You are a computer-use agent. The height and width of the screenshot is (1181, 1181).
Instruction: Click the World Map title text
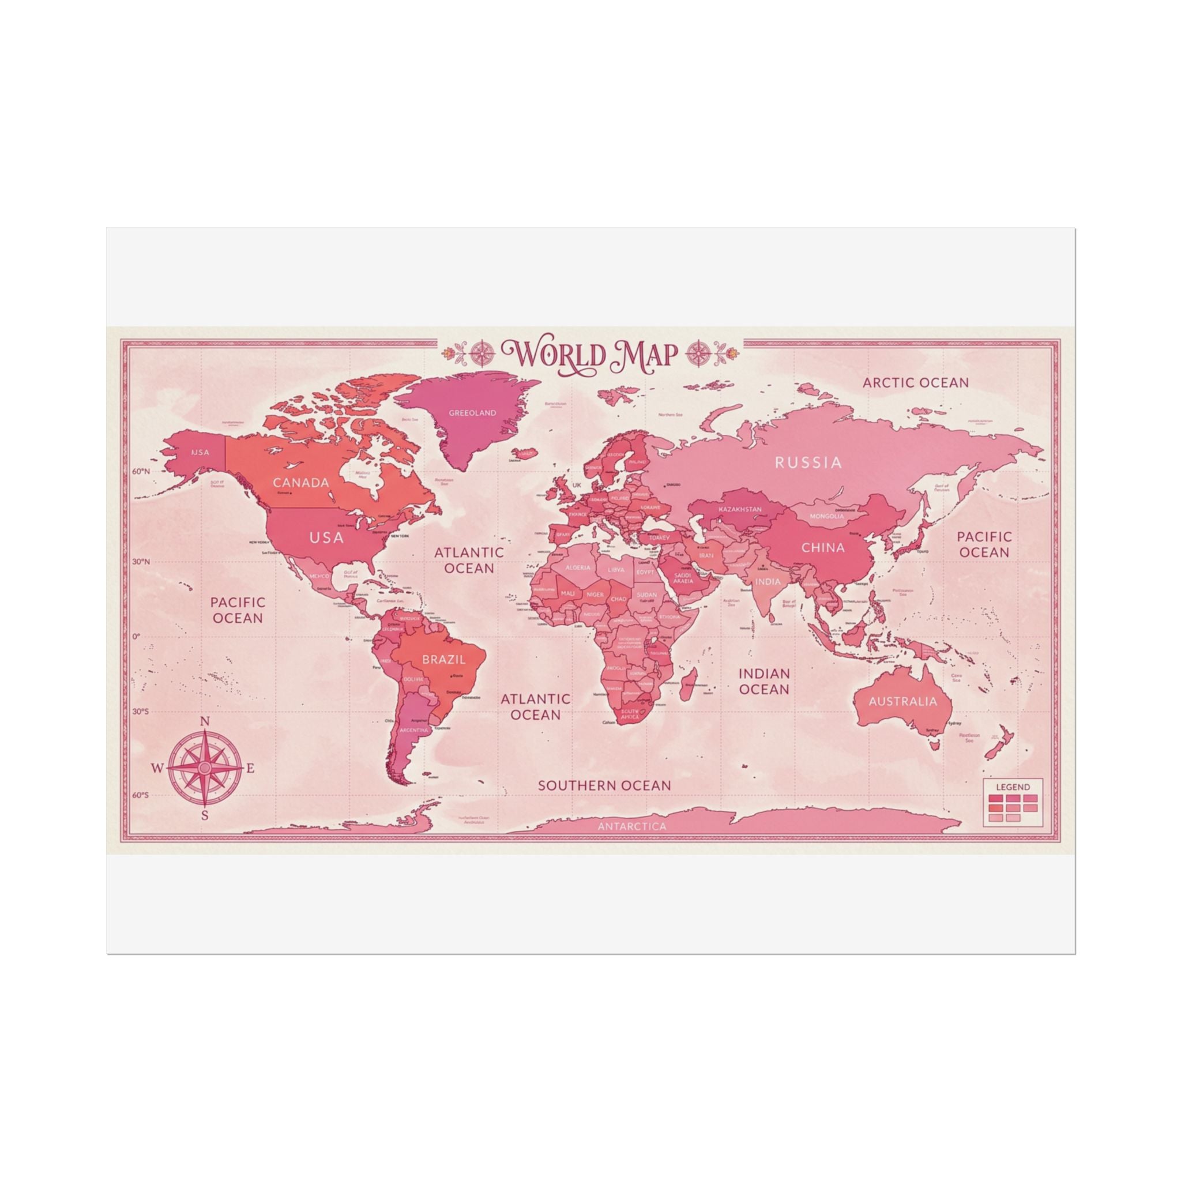[589, 354]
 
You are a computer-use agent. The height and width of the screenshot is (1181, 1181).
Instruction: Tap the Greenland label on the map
[472, 413]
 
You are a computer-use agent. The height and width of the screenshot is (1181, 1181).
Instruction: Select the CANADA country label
[301, 482]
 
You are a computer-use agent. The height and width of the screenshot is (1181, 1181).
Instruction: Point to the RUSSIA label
[808, 462]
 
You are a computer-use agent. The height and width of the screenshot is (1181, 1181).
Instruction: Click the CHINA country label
[823, 547]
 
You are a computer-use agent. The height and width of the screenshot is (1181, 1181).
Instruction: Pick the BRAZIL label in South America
[444, 660]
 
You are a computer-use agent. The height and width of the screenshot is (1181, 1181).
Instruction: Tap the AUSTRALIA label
[902, 701]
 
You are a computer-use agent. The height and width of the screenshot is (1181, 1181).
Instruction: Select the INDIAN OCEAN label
[764, 681]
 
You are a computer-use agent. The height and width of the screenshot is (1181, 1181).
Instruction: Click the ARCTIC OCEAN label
[915, 383]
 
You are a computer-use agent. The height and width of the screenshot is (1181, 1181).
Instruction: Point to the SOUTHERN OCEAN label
[604, 785]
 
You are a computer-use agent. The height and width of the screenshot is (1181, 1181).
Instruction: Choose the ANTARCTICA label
[632, 826]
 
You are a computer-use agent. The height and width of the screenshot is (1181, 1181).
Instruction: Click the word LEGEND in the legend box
[1013, 787]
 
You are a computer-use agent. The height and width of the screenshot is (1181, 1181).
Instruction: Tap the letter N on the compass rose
[205, 721]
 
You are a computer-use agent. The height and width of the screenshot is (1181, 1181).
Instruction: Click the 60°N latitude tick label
[140, 471]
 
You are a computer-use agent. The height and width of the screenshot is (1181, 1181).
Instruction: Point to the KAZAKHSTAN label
[740, 509]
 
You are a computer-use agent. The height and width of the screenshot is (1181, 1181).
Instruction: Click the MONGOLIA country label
[826, 516]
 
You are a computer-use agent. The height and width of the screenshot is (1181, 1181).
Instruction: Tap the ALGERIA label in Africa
[578, 567]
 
